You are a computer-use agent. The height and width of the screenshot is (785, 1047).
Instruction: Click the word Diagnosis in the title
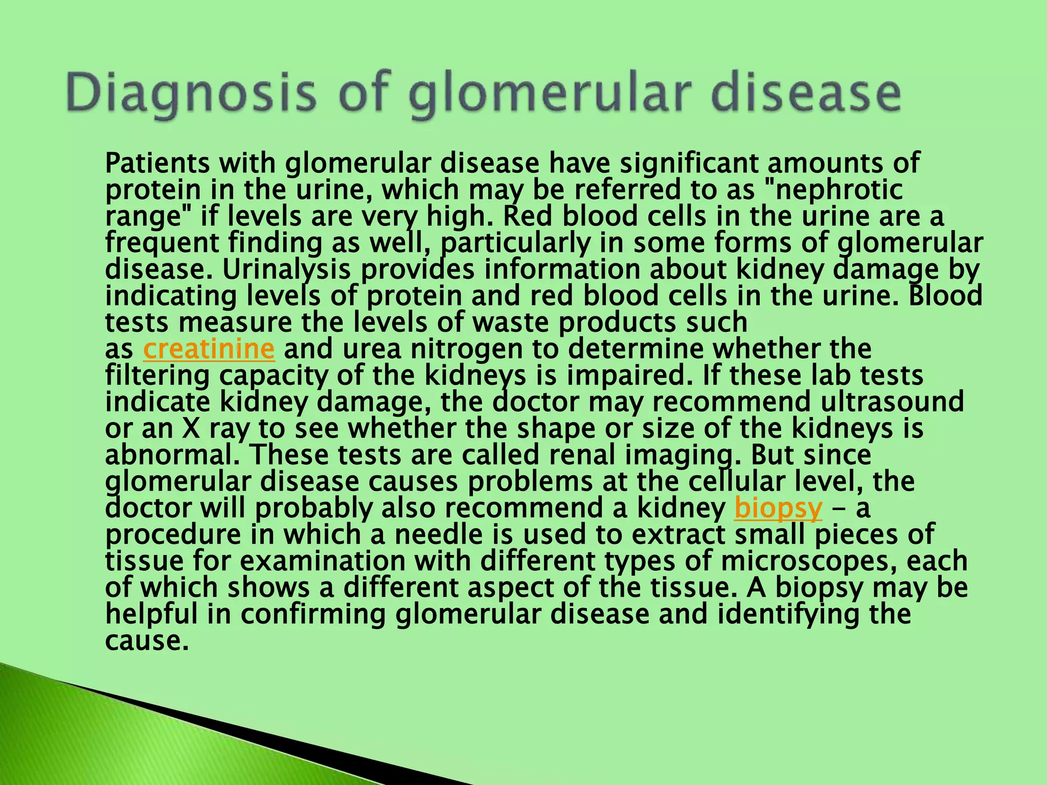190,94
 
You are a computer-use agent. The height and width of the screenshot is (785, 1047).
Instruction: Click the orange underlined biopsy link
778,508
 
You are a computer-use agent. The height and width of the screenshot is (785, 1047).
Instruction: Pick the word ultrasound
892,402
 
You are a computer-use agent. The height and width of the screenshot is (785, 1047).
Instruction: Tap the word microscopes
808,561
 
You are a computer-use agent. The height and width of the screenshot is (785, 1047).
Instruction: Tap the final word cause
144,641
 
